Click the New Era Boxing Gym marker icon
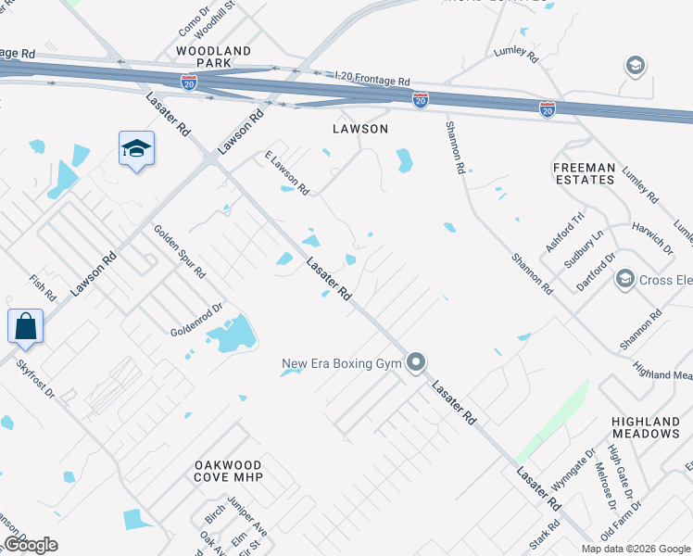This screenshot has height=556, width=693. coord(417,362)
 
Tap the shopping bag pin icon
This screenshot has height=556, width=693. coord(24,327)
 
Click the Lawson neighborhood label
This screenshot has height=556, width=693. coord(360,129)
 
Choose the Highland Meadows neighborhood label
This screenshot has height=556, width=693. coord(646,427)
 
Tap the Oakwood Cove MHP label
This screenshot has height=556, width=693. coord(229,471)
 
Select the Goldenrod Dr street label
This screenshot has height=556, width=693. coord(197,320)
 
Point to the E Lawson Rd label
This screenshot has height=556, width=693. coord(286,173)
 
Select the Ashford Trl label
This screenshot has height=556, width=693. coord(566,232)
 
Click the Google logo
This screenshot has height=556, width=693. coord(31,545)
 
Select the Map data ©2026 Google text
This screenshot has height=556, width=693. coord(636,549)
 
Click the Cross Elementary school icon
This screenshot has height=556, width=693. coord(624,279)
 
